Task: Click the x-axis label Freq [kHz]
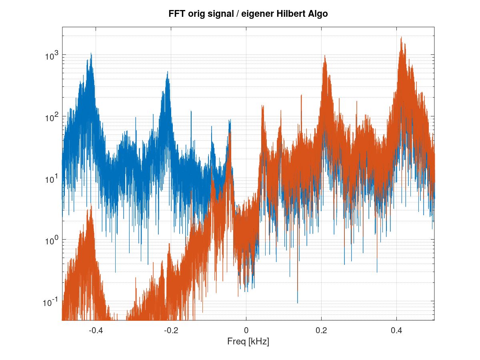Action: pos(248,342)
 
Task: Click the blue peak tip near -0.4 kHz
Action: pos(91,53)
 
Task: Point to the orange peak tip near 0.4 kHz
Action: pos(401,37)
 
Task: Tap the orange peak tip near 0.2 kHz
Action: pos(325,56)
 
